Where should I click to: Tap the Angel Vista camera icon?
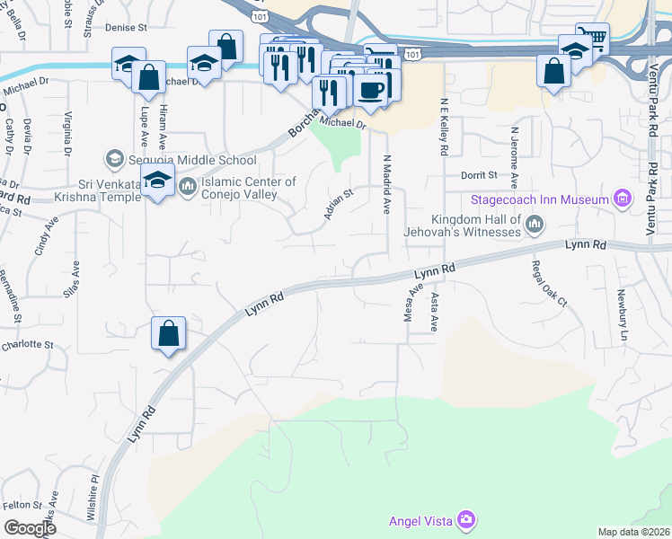click(465, 520)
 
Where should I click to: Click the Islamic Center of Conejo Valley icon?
click(188, 187)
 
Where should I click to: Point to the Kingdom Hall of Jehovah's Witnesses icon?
click(535, 224)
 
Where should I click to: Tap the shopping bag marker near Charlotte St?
click(168, 333)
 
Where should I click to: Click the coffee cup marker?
click(370, 88)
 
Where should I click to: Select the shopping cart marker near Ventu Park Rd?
click(593, 38)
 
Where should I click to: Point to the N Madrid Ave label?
click(387, 184)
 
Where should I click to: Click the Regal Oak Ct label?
click(549, 283)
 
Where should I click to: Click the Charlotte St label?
click(27, 344)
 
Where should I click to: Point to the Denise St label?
click(125, 28)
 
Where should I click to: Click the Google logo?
click(30, 528)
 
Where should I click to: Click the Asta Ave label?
click(436, 312)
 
